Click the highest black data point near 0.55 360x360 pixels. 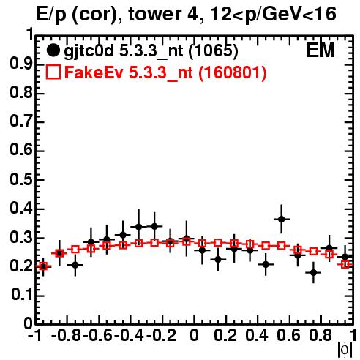282,219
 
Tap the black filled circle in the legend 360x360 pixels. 53,50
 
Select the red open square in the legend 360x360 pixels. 53,72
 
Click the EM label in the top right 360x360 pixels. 320,50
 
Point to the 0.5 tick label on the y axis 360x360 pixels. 21,179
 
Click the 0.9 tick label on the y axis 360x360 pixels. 21,64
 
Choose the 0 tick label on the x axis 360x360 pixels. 194,335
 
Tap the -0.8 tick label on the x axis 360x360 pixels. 67,335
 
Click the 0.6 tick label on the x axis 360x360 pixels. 288,335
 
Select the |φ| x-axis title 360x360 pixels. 345,350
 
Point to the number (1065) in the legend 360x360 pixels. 213,50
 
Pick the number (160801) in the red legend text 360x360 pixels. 232,72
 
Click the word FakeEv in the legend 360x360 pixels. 94,72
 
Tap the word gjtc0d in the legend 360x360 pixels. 89,51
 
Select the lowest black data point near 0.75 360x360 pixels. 313,273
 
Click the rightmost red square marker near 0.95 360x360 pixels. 345,264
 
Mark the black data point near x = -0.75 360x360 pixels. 75,265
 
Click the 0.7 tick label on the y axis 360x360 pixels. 21,121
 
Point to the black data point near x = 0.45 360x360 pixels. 266,264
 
